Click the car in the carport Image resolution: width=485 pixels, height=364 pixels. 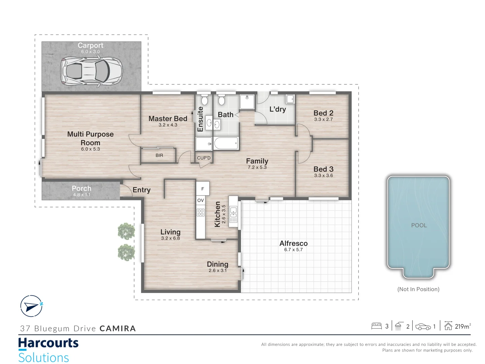coord(91,71)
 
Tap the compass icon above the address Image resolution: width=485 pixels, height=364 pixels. coord(31,306)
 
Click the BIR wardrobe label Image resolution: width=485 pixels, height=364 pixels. coord(159,155)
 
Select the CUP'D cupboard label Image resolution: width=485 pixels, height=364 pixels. coord(204,158)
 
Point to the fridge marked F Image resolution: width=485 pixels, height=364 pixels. coord(202,189)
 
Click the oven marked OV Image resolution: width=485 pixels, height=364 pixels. coord(201,200)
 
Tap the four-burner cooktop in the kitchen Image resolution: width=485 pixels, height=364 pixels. coord(201,212)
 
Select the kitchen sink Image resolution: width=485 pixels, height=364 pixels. coord(233,212)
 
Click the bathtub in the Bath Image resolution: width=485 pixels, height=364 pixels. coord(226,144)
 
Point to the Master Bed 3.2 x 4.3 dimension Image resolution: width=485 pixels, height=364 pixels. coord(168,125)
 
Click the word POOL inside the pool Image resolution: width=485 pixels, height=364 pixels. coord(419,225)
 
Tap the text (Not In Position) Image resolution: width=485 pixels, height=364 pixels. coord(418,289)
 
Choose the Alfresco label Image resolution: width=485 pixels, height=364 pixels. coord(293,243)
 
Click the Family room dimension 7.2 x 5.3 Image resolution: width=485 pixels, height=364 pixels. coord(257,168)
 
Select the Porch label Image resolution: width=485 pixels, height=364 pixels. coord(82,188)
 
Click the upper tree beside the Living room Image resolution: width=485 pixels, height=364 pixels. coord(126,231)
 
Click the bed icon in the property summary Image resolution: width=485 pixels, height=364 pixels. coord(376,326)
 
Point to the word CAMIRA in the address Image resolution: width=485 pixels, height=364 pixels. coord(118,329)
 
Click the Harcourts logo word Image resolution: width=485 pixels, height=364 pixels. coord(48,343)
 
